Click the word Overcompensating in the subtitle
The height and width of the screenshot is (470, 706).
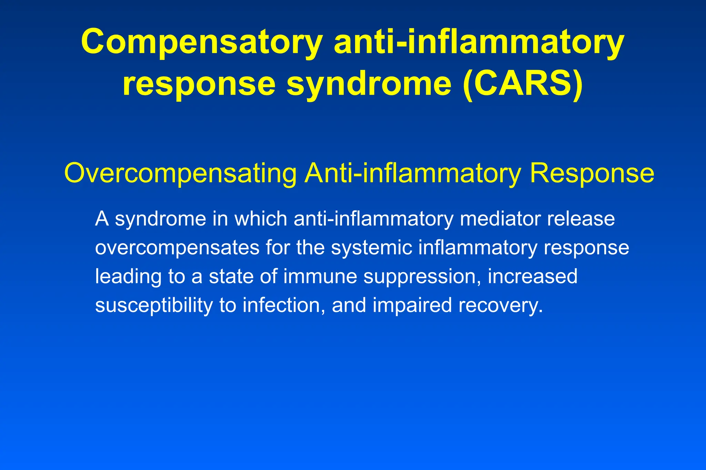point(180,173)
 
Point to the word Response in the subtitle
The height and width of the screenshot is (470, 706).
point(592,173)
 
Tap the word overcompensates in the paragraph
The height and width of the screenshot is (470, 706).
point(177,248)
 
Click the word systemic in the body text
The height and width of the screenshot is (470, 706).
point(371,248)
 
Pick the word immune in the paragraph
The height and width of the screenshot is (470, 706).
point(320,276)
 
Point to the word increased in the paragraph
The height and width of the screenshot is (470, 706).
point(533,276)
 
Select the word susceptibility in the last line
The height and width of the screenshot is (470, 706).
point(154,305)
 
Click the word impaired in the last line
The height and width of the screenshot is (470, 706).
point(412,305)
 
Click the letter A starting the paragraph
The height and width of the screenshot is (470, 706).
point(102,219)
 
